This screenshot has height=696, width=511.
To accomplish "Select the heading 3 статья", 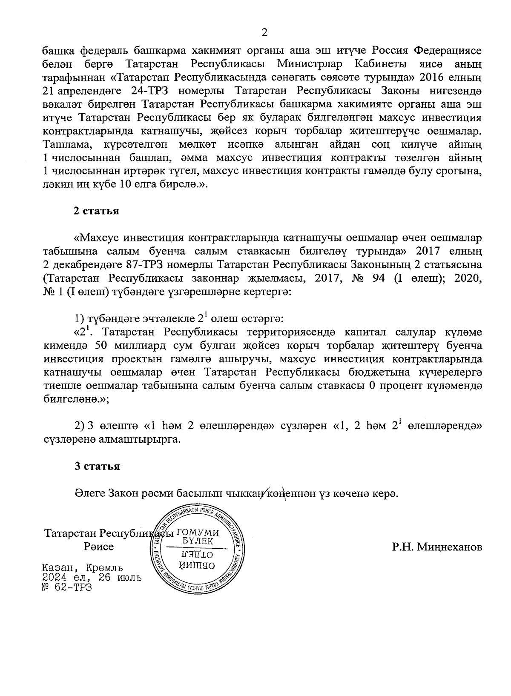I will tap(97, 466).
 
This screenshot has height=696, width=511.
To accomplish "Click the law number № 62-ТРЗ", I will tap(67, 588).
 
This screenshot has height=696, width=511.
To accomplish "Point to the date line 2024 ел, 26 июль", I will tap(92, 578).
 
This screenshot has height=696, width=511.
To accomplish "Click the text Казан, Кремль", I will tap(83, 568).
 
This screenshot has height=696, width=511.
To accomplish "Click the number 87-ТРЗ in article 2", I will tap(144, 265).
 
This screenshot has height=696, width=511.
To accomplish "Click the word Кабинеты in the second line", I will tap(379, 64).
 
